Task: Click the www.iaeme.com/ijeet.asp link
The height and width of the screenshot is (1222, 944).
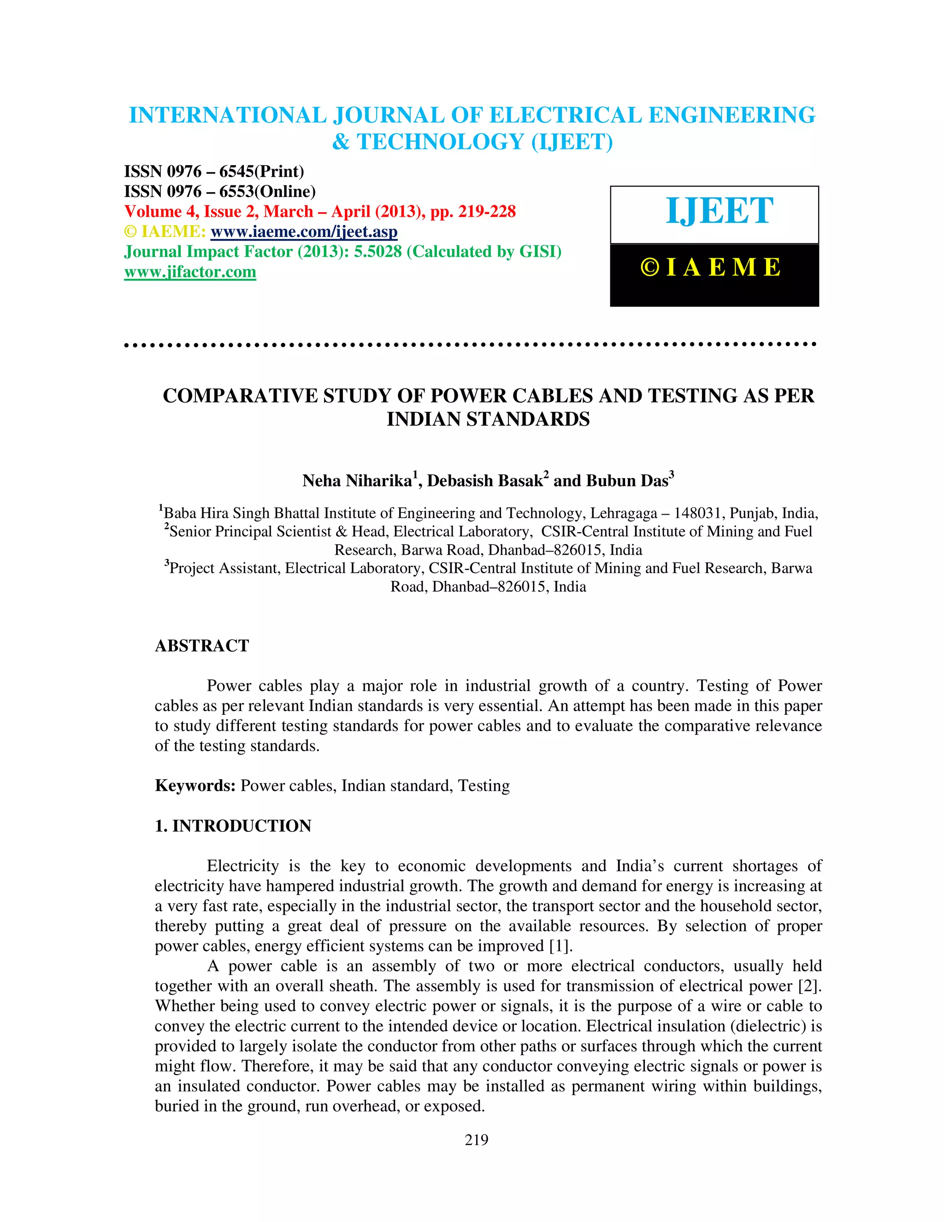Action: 304,231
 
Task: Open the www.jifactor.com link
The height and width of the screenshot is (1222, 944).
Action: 190,272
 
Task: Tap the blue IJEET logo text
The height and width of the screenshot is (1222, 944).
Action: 719,212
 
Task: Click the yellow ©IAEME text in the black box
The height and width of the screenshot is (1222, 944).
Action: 711,267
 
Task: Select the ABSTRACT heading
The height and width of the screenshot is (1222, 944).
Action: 202,646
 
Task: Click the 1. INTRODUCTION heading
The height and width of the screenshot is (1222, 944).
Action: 233,826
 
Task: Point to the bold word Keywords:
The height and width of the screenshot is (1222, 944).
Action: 195,786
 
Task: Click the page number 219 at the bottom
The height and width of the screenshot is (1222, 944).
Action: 477,1140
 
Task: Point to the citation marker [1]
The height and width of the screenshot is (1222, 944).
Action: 561,946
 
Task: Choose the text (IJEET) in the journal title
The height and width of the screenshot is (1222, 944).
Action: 572,142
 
